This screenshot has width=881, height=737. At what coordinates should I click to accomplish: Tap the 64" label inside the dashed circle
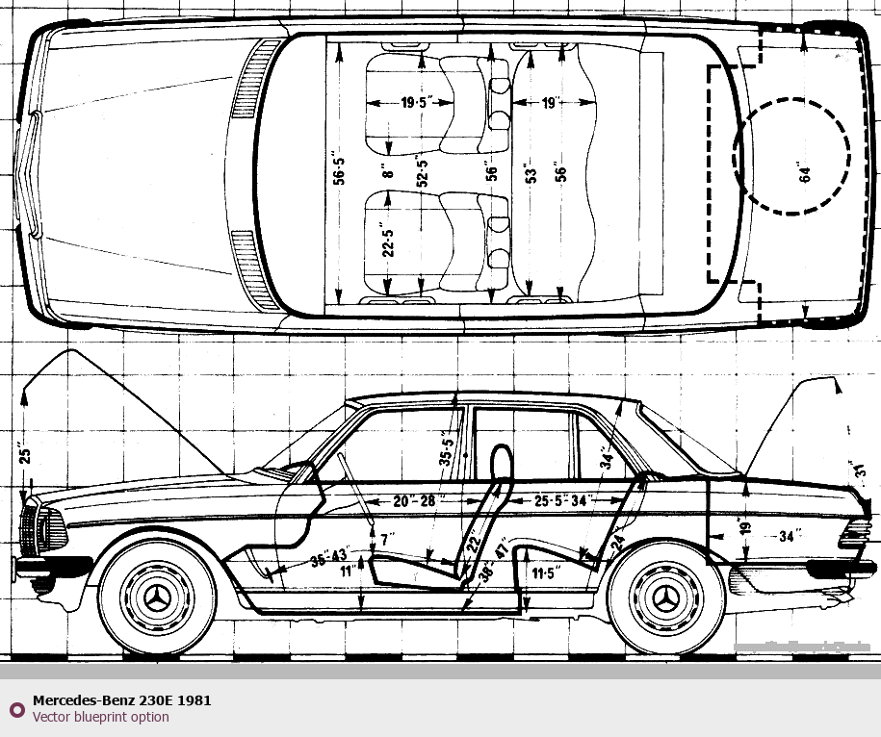pos(805,172)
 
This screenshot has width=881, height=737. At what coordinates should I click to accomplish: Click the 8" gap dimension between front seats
pos(388,174)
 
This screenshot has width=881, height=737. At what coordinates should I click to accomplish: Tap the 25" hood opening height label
pos(25,451)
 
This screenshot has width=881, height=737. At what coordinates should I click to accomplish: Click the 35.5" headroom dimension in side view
pos(446,446)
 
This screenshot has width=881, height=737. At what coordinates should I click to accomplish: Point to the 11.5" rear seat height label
pos(545,574)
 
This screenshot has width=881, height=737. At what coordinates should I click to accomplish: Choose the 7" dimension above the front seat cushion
pos(387,539)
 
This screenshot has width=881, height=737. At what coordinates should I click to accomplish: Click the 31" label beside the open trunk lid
pos(860,472)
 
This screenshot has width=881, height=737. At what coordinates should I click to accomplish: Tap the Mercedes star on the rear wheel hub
pos(666,600)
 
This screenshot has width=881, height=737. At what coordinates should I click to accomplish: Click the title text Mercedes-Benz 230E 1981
pos(121,700)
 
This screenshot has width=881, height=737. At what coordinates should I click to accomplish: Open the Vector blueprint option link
pos(100,717)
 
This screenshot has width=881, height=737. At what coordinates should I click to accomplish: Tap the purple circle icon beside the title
pos(16,709)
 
